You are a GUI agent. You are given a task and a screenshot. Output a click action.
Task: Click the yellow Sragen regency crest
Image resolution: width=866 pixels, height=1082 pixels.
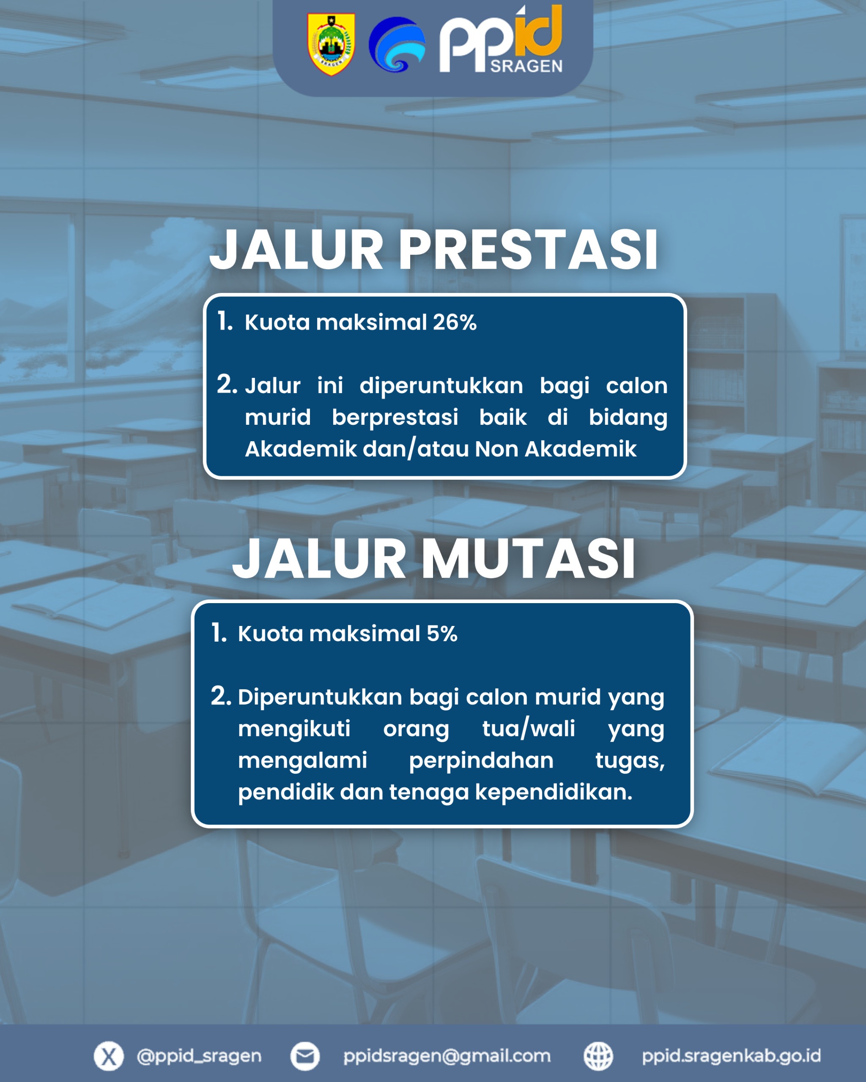click(332, 44)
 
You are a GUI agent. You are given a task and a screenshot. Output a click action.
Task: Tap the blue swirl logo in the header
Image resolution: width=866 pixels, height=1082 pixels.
click(397, 44)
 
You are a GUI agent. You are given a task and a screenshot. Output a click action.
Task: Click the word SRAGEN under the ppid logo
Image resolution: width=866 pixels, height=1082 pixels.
click(526, 66)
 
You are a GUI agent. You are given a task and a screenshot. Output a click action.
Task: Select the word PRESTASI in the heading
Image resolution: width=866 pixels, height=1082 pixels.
click(528, 249)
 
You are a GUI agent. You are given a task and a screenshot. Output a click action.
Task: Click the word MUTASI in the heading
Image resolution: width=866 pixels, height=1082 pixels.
click(528, 559)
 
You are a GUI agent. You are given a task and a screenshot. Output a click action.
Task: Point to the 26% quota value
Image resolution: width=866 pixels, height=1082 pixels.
click(454, 322)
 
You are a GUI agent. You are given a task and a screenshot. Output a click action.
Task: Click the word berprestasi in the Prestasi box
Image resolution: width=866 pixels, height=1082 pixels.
click(395, 418)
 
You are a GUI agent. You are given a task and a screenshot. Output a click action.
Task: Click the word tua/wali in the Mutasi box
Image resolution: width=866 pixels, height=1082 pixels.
click(529, 728)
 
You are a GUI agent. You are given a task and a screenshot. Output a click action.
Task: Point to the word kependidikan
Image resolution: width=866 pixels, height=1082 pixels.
click(554, 792)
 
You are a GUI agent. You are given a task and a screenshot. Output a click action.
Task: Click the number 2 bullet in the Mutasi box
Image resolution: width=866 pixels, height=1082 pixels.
click(221, 696)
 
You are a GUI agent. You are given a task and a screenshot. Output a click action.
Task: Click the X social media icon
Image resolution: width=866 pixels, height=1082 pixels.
click(108, 1056)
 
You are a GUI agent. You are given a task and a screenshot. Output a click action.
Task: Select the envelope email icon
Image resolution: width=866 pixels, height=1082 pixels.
click(305, 1056)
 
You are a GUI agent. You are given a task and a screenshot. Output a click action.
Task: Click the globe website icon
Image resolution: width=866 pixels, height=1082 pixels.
click(598, 1056)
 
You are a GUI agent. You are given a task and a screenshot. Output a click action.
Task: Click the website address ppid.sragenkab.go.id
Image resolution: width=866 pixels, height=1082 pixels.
click(732, 1056)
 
